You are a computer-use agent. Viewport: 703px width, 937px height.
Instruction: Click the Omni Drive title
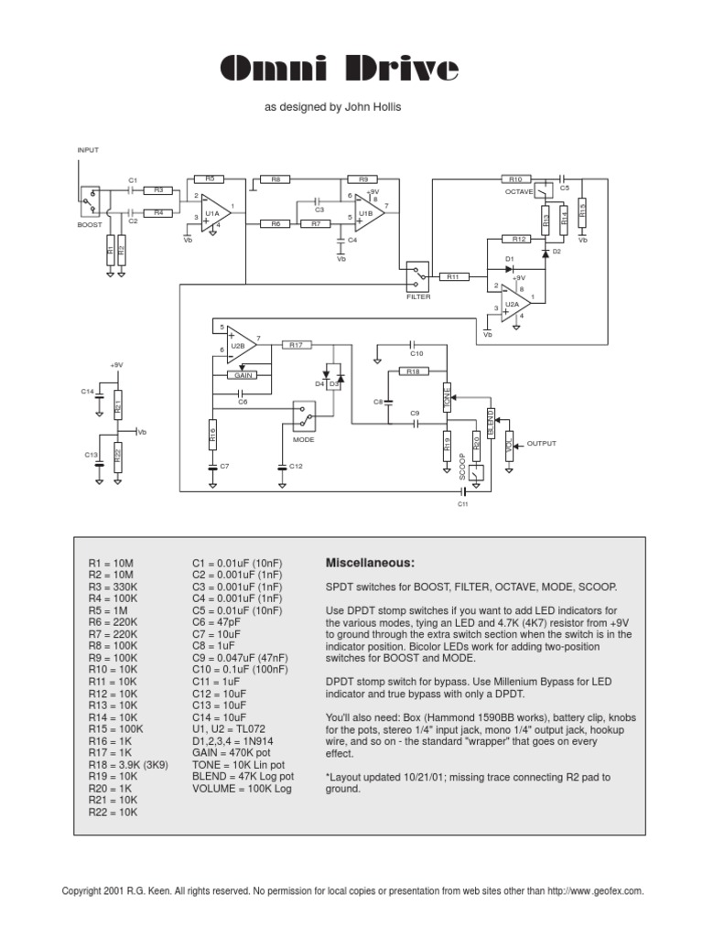click(339, 68)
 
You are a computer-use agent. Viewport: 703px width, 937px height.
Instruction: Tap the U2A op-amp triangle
click(515, 303)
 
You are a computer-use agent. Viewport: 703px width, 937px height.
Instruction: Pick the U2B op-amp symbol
click(241, 345)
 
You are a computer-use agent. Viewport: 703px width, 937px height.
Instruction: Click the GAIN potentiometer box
click(243, 375)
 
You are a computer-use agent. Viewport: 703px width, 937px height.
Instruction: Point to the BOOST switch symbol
click(90, 200)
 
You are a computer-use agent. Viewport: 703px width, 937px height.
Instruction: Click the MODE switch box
click(304, 416)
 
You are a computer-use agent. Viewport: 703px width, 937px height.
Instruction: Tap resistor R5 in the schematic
click(210, 178)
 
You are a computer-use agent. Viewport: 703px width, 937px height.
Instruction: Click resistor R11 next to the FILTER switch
click(454, 276)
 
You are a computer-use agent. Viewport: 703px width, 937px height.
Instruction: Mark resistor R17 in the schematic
click(296, 345)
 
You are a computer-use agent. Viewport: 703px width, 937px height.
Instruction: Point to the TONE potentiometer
click(447, 397)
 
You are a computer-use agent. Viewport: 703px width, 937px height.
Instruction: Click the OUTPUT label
click(541, 444)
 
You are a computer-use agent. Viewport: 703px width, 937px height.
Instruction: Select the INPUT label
click(88, 150)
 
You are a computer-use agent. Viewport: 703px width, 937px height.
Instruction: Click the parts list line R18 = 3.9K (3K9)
click(128, 765)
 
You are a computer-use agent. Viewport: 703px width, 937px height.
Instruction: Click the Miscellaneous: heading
click(370, 563)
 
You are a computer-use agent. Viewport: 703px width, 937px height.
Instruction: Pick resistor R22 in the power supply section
click(118, 457)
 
